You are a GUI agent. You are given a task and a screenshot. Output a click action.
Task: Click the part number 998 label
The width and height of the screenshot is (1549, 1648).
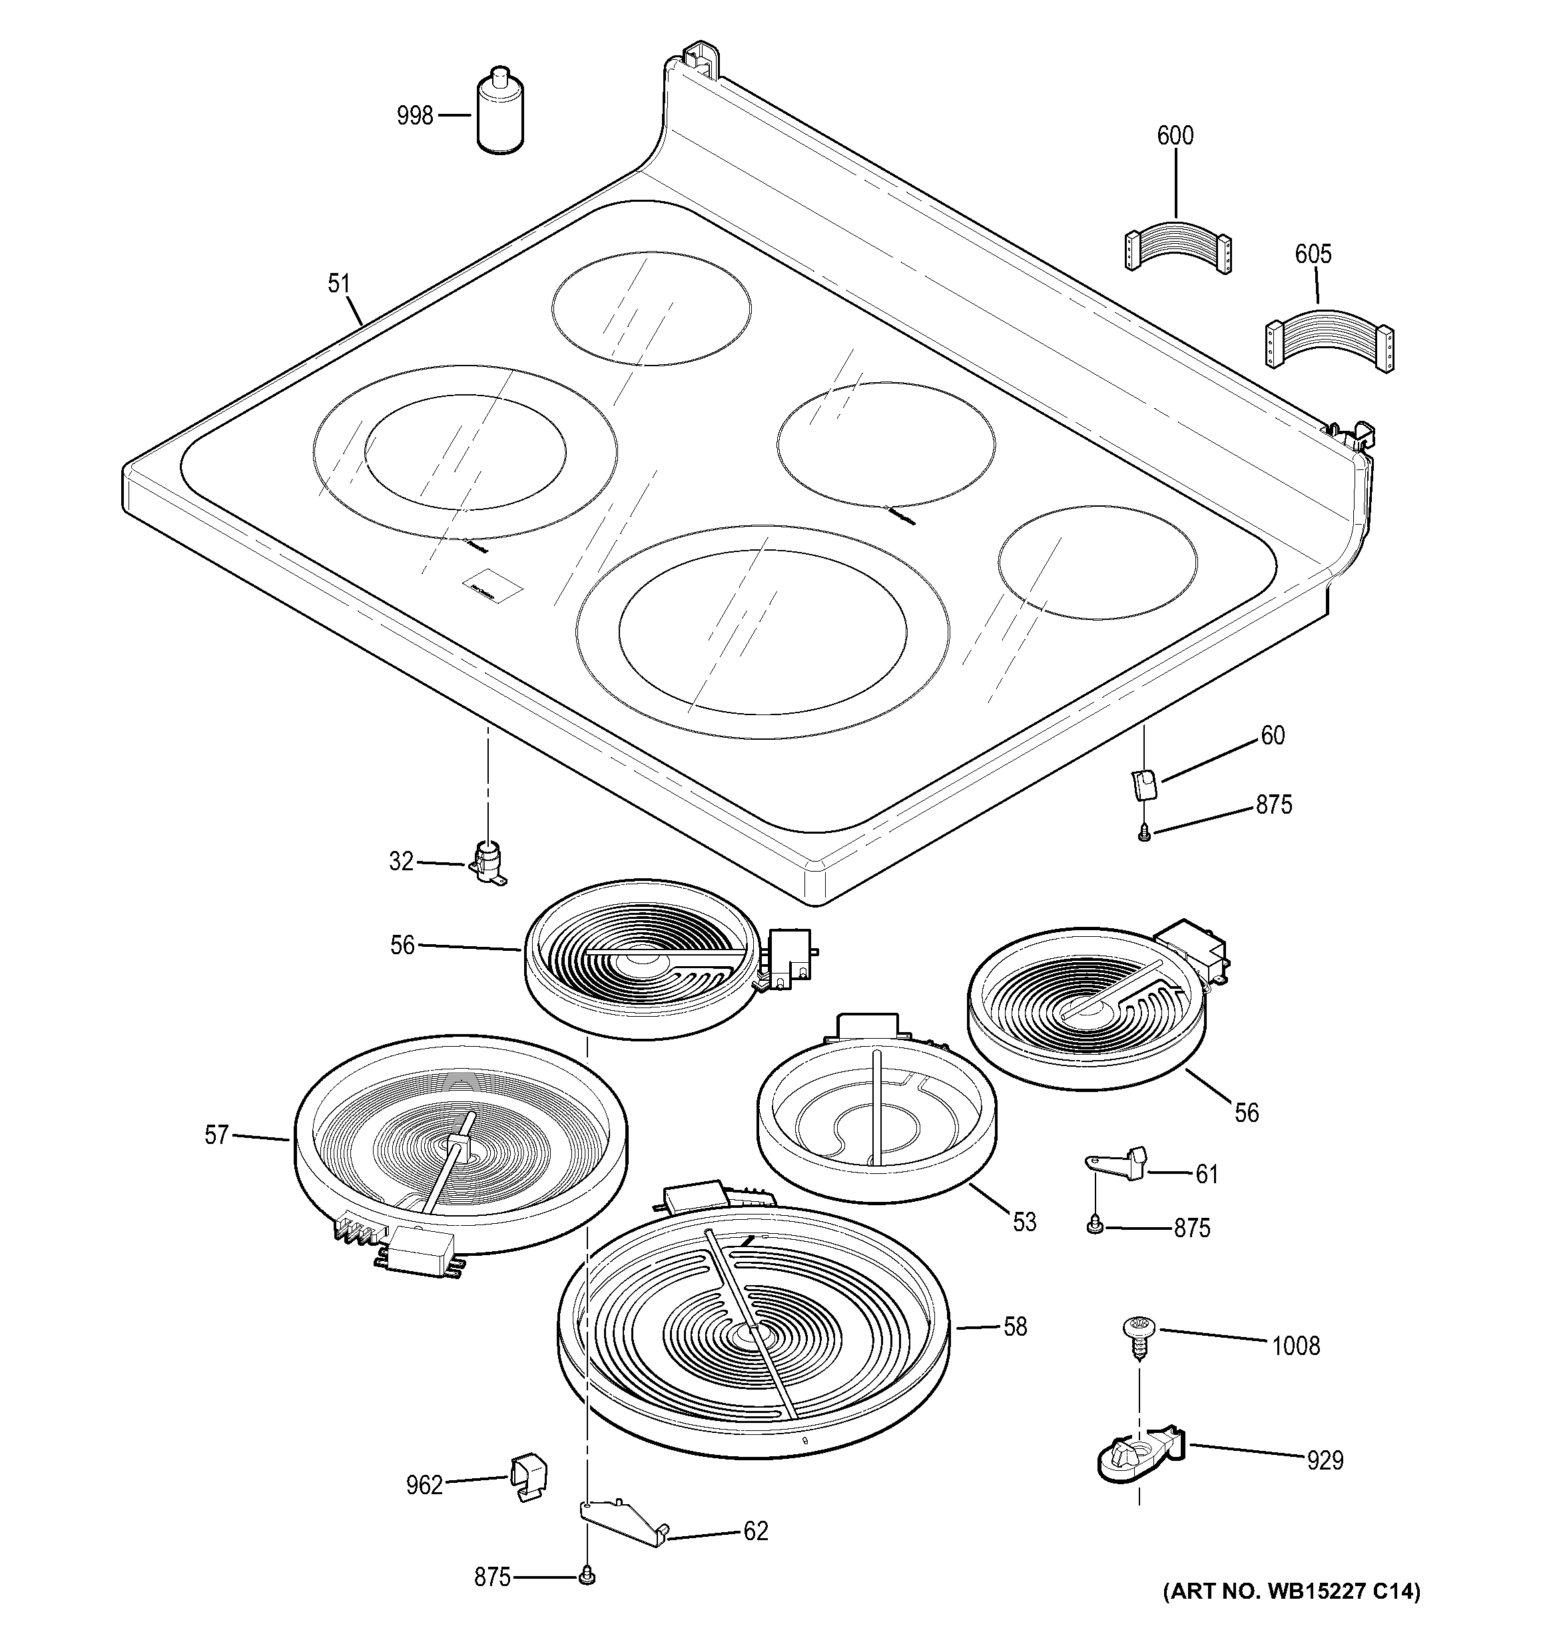click(x=415, y=116)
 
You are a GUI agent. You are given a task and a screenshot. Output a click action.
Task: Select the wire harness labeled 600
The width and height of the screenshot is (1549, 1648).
click(x=1177, y=244)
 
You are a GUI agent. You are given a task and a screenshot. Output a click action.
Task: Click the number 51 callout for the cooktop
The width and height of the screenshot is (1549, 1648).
click(x=339, y=284)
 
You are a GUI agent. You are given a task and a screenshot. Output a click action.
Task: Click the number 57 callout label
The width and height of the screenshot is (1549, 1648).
click(x=216, y=1135)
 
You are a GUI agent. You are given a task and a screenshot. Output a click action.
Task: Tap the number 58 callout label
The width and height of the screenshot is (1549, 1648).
click(x=1015, y=1326)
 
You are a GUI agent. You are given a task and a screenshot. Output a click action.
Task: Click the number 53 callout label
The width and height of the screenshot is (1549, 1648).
click(x=1024, y=1222)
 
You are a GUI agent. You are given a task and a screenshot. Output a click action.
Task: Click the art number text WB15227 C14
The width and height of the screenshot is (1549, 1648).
click(x=1292, y=1591)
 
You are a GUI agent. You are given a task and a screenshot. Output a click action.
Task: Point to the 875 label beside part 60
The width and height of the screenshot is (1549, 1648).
click(x=1274, y=804)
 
